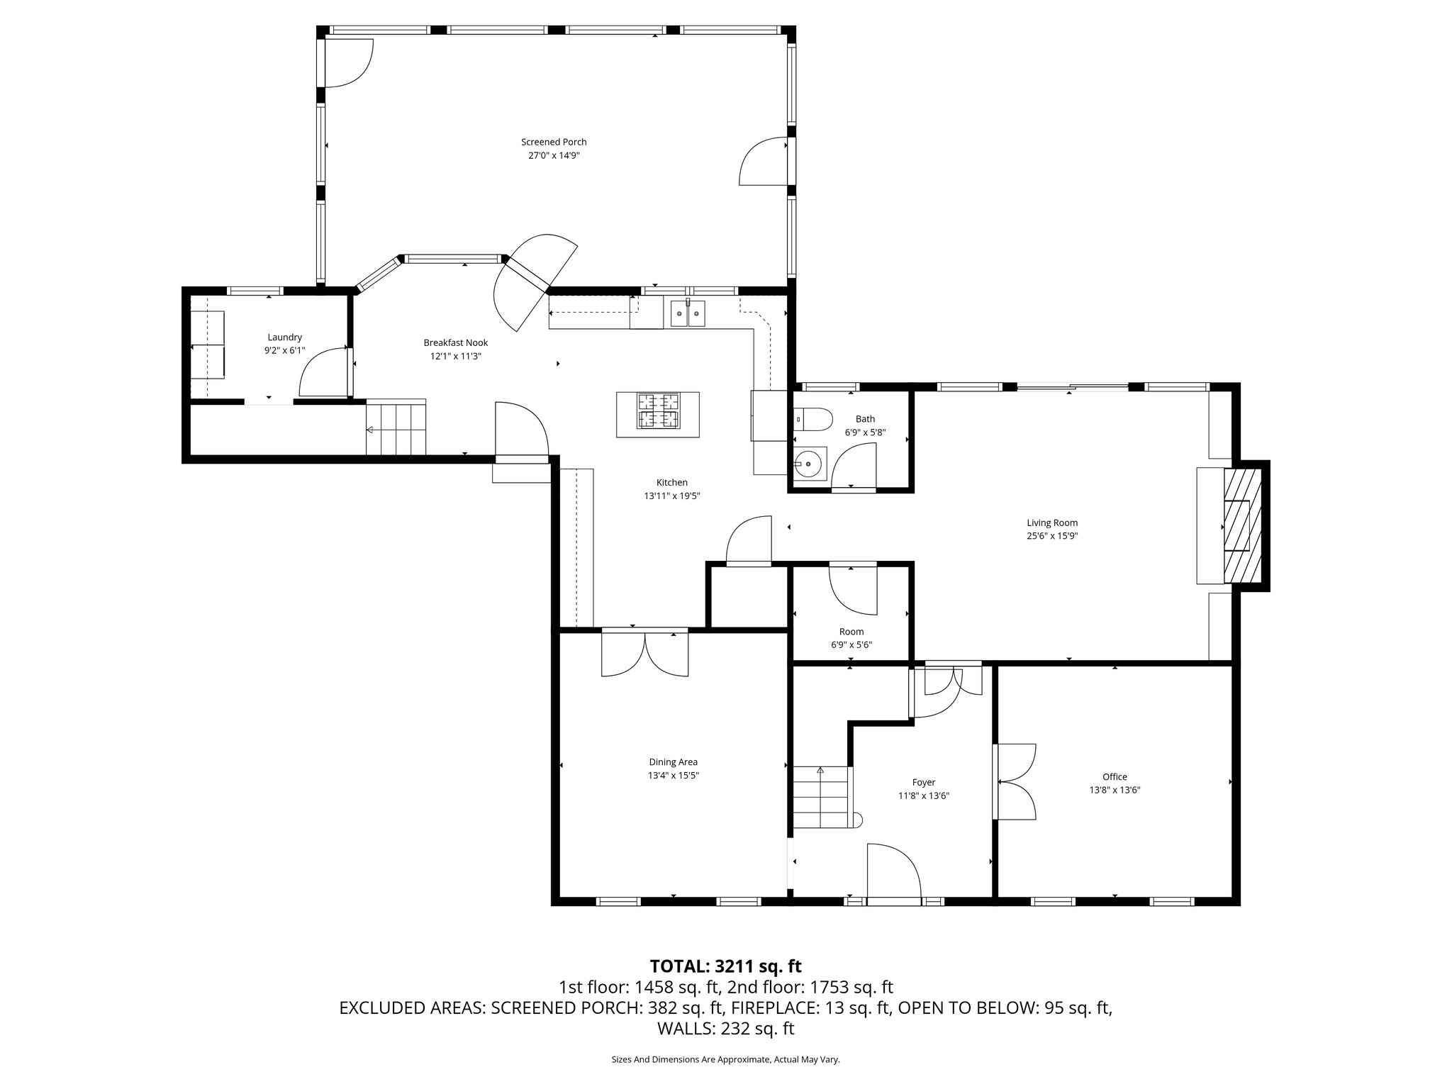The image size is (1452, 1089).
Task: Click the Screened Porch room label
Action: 554,142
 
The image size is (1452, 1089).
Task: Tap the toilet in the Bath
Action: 813,419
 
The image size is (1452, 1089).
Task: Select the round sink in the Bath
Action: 810,464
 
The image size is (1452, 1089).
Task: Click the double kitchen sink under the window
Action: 688,313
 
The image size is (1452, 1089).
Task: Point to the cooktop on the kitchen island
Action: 659,411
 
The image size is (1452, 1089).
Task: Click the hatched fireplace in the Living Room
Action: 1243,525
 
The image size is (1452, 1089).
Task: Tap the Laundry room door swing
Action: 324,373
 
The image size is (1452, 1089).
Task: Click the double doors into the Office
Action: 1015,782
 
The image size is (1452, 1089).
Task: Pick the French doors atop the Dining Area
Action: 644,653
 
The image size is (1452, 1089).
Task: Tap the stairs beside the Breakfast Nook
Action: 396,428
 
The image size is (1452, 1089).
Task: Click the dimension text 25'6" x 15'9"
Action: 1052,536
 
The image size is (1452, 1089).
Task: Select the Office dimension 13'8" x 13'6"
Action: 1115,790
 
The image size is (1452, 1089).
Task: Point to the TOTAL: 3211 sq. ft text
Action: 725,966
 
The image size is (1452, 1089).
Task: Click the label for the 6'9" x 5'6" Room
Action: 851,632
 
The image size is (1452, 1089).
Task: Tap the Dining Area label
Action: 673,762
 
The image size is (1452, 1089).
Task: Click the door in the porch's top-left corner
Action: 347,63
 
